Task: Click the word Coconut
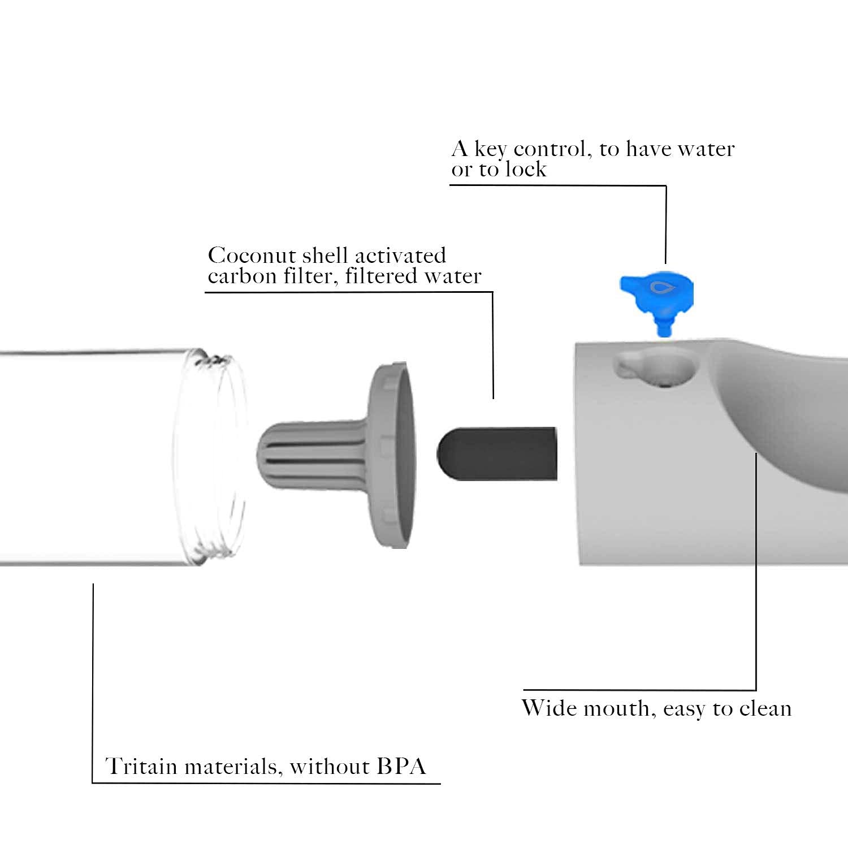[x=252, y=256]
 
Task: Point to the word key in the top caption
[x=490, y=150]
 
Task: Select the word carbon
[x=241, y=276]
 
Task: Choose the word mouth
[x=617, y=709]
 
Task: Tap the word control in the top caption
[x=553, y=149]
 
